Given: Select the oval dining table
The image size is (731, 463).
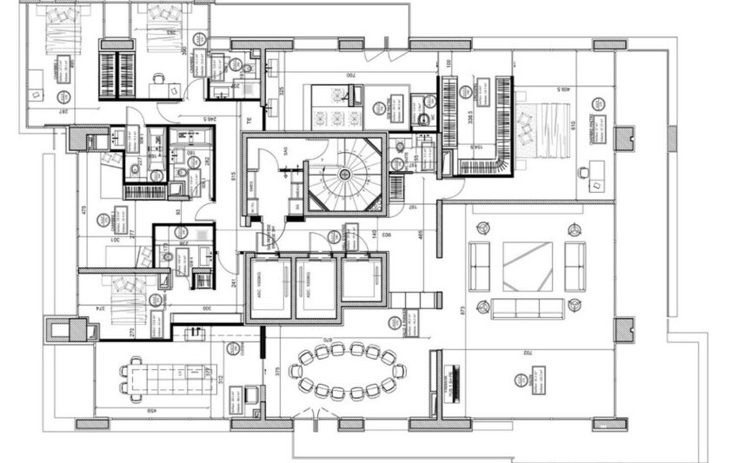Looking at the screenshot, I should click(x=346, y=371).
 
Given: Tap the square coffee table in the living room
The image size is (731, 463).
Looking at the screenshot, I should click(x=527, y=267).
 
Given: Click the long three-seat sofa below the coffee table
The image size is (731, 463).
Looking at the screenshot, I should click(x=527, y=308).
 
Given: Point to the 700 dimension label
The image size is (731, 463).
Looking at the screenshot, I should click(x=350, y=76).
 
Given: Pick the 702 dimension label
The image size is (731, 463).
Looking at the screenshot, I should click(x=528, y=353).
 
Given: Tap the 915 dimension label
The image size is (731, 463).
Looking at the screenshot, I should click(x=233, y=176).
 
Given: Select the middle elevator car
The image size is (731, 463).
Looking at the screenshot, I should click(x=315, y=288).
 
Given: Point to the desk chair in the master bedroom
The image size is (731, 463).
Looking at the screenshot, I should click(x=596, y=185).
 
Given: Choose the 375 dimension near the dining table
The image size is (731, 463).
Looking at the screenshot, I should click(x=277, y=372).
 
